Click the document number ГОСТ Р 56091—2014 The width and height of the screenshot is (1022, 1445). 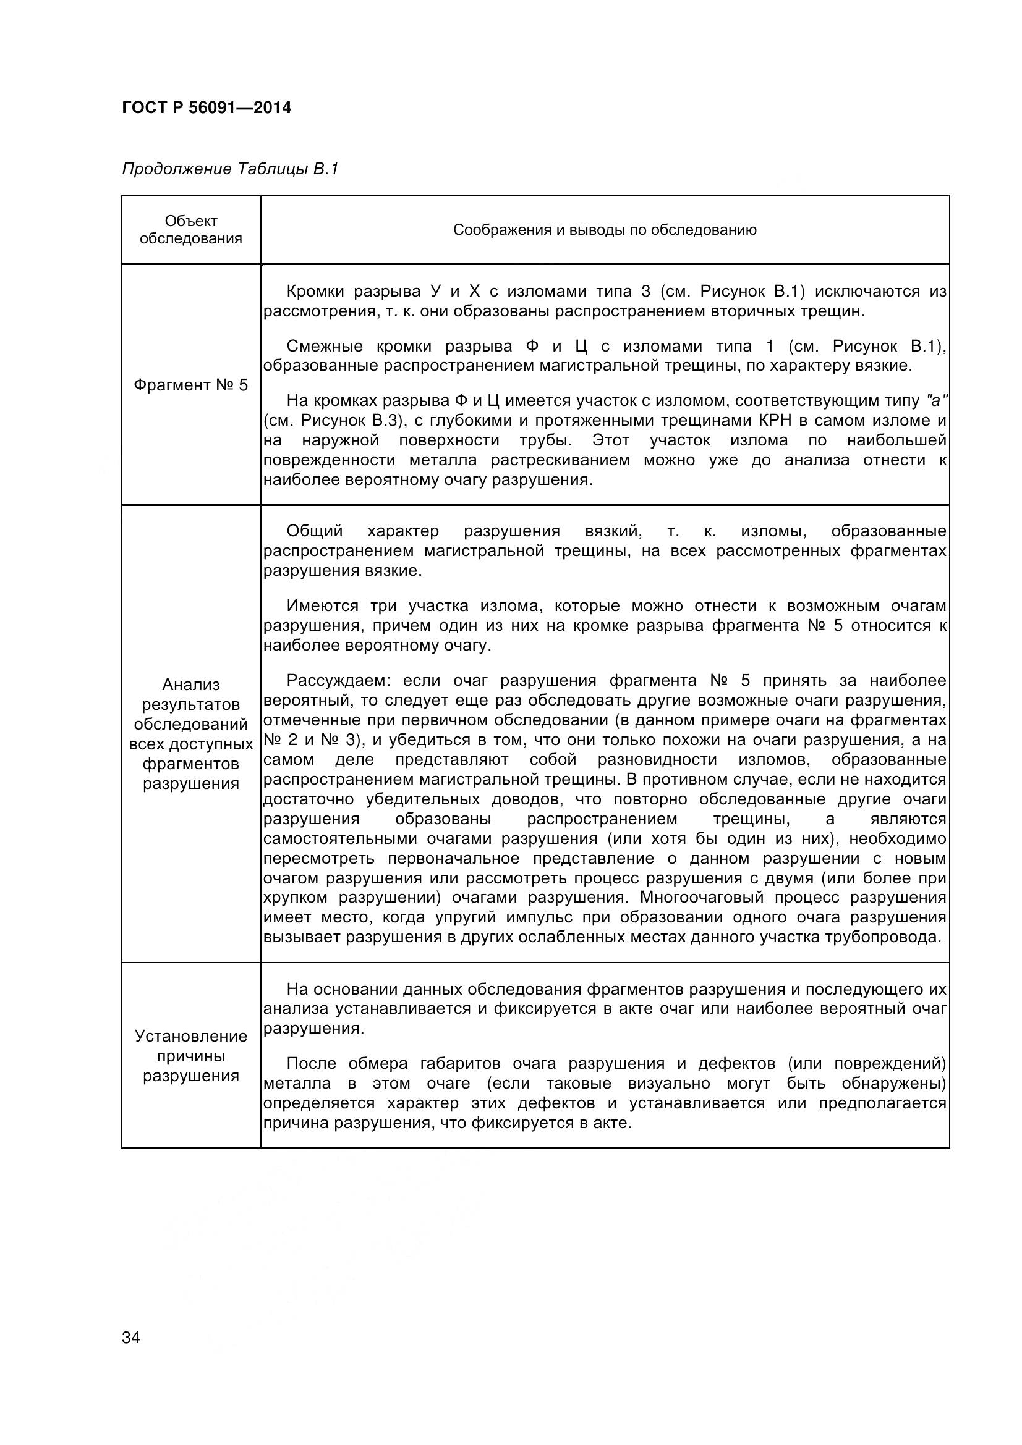click(207, 108)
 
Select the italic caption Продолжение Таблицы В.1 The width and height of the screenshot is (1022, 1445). click(230, 169)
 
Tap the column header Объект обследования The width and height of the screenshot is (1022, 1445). click(191, 230)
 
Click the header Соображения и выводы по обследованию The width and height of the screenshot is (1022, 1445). click(605, 230)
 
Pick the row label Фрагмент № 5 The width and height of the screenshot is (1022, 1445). click(191, 385)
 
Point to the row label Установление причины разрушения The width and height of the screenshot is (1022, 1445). click(191, 1056)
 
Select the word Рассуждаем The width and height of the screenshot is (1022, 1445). click(339, 680)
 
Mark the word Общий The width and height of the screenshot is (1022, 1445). click(315, 531)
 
